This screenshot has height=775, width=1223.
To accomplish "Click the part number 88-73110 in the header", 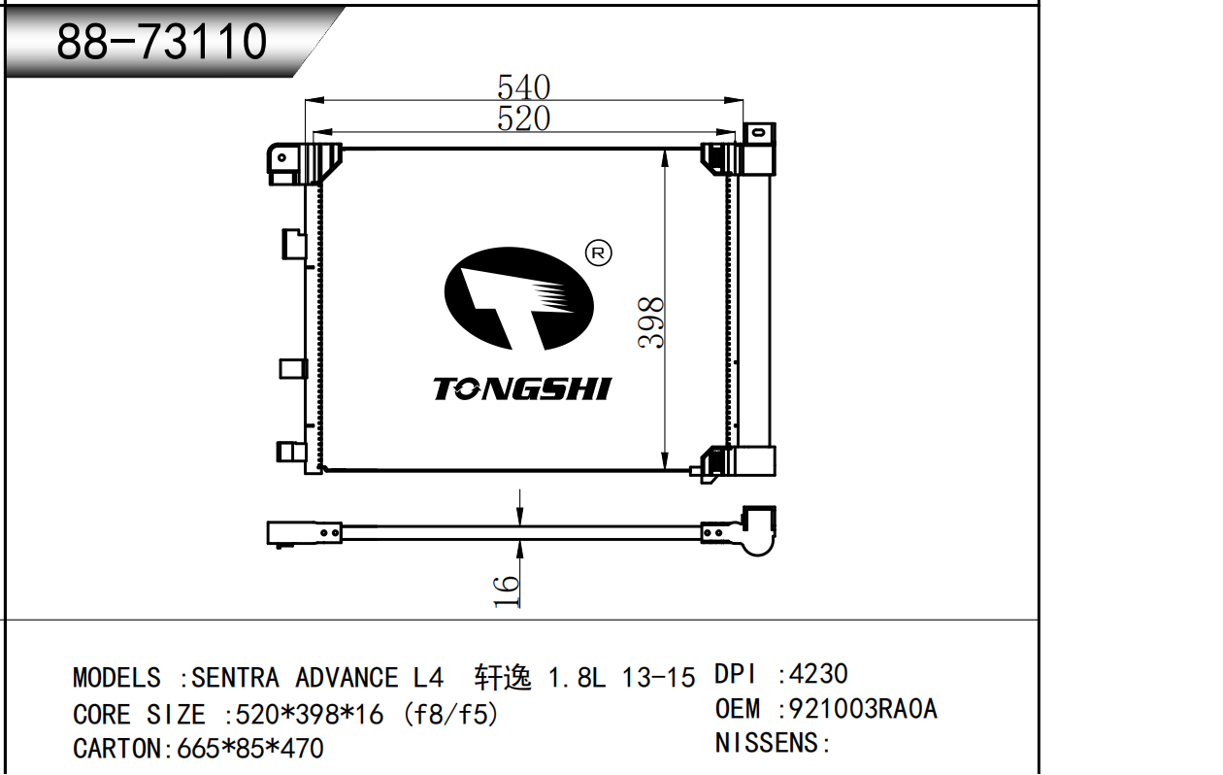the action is point(161,42).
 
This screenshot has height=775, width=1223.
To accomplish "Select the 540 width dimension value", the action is point(523,86).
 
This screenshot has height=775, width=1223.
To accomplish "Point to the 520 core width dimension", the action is point(523,118).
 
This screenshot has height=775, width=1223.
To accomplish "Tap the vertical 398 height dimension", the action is point(650,322).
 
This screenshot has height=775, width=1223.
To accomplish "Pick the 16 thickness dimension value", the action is point(506,591).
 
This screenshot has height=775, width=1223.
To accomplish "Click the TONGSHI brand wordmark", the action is point(522,388).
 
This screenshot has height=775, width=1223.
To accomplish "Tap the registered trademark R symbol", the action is point(598,253).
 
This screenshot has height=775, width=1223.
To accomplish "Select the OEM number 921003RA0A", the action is point(863,709).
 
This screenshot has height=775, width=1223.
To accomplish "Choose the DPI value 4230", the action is point(818,674).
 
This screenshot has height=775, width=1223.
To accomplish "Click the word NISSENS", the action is point(766,743).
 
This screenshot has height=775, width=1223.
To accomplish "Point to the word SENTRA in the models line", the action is point(235,678).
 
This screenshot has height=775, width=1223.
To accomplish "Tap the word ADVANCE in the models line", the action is point(347,678).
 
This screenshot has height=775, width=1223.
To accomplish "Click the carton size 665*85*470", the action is point(250,749).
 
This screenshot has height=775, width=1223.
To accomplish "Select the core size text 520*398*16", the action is point(309,715).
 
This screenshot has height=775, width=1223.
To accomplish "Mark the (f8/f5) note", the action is point(451,715).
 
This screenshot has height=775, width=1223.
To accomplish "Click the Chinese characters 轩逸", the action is point(503,678).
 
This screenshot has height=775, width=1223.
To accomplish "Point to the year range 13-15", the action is point(658,678).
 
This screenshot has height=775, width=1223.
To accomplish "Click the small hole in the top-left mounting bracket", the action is point(281,158).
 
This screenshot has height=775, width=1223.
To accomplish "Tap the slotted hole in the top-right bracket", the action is point(758,132).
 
